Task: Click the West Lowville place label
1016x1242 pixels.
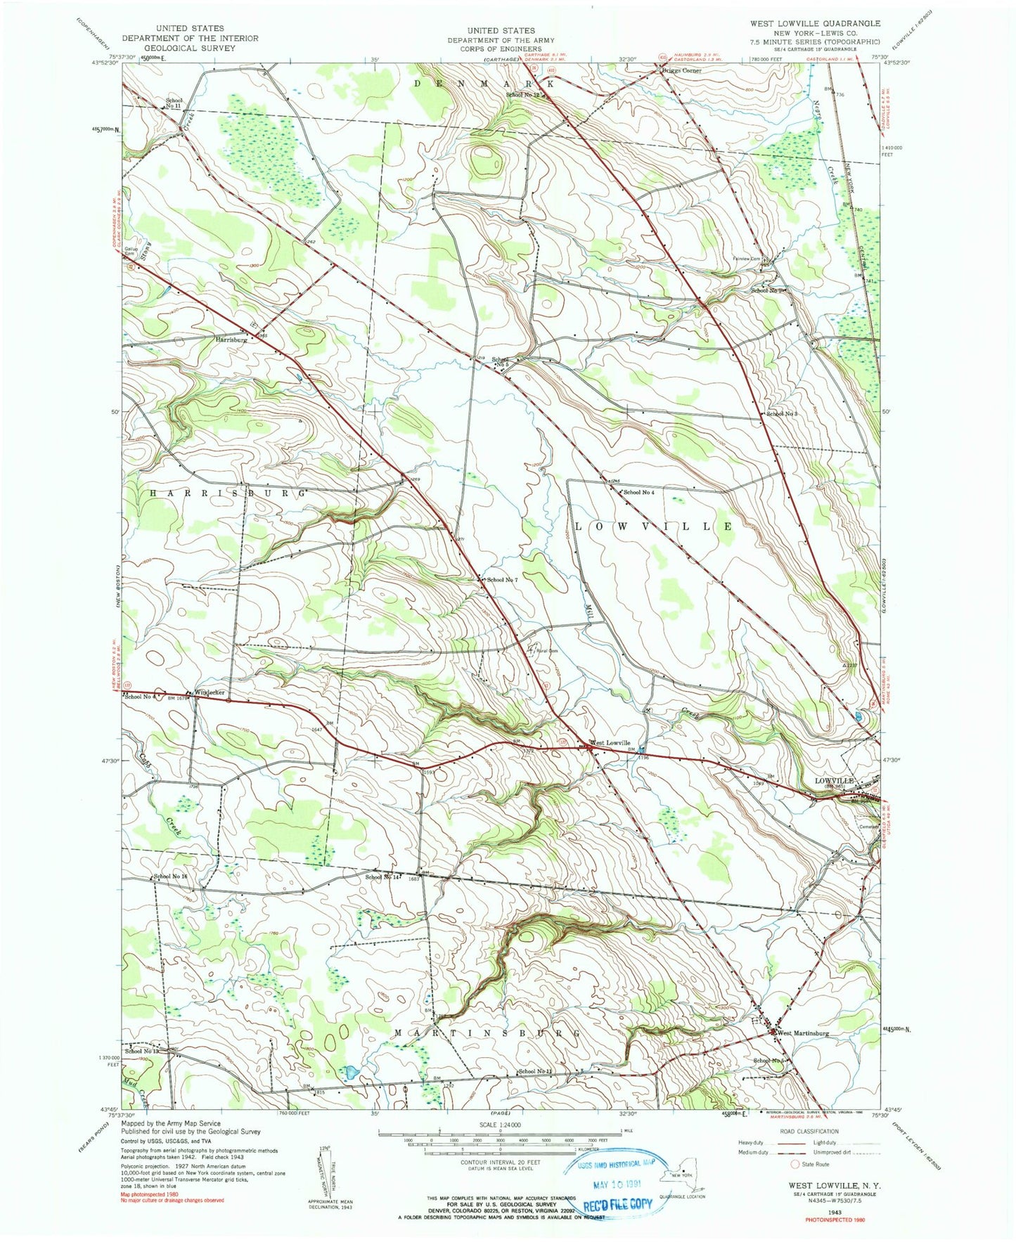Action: [610, 743]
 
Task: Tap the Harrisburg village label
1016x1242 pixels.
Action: [231, 339]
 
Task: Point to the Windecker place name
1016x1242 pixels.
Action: [210, 692]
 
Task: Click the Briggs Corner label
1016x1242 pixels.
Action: [681, 71]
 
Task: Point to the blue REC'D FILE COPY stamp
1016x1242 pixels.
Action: [618, 1203]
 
